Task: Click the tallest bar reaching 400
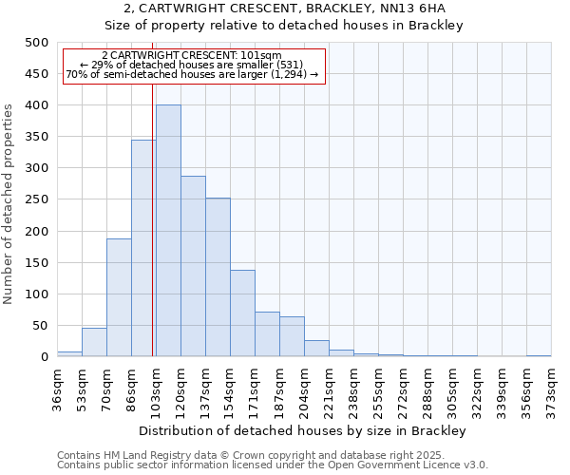168,231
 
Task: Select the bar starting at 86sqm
143,248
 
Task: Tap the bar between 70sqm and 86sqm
119,297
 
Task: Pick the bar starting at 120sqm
193,266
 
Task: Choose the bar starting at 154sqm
242,313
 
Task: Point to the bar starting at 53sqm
94,342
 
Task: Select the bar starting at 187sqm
292,336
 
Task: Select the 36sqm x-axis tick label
58,388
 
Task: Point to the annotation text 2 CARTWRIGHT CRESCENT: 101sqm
192,56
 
